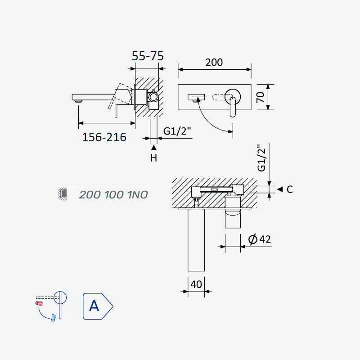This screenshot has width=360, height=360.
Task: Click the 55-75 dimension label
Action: [148, 56]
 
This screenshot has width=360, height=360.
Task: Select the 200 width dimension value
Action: [214, 63]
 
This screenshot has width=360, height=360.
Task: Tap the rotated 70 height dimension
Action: [261, 97]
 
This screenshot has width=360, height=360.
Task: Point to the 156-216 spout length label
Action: [104, 137]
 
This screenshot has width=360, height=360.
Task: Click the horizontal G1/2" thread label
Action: [177, 131]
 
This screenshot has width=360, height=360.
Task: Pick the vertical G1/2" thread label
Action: [261, 158]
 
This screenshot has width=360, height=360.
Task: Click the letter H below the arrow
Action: [154, 158]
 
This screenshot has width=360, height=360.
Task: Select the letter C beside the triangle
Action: [289, 189]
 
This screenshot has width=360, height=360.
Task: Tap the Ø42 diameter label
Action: [260, 239]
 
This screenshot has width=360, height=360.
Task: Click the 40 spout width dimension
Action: [196, 284]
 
